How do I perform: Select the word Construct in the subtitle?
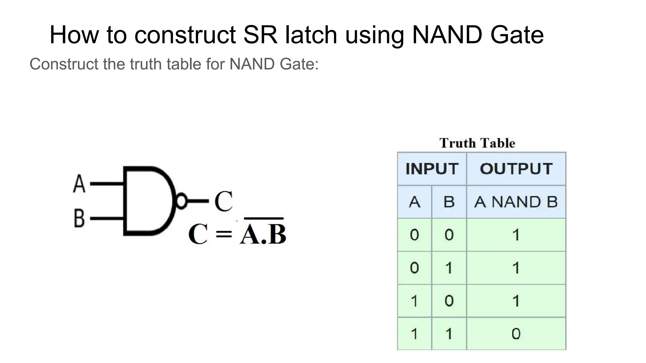point(64,64)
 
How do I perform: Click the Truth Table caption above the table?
point(477,143)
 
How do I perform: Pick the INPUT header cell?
point(432,169)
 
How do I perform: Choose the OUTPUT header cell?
point(516,169)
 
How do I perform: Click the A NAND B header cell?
point(516,202)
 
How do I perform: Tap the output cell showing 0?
point(516,334)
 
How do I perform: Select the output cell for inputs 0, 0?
point(516,235)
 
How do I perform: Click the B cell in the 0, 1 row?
point(449,268)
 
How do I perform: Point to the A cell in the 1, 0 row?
point(414,301)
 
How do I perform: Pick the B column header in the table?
point(449,202)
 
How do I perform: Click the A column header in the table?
point(414,202)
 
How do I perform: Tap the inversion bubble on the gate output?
point(181,201)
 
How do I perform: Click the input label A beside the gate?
point(79,183)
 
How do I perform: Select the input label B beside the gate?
point(79,218)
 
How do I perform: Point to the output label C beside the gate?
point(223,202)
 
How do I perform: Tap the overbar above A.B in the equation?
point(264,218)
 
